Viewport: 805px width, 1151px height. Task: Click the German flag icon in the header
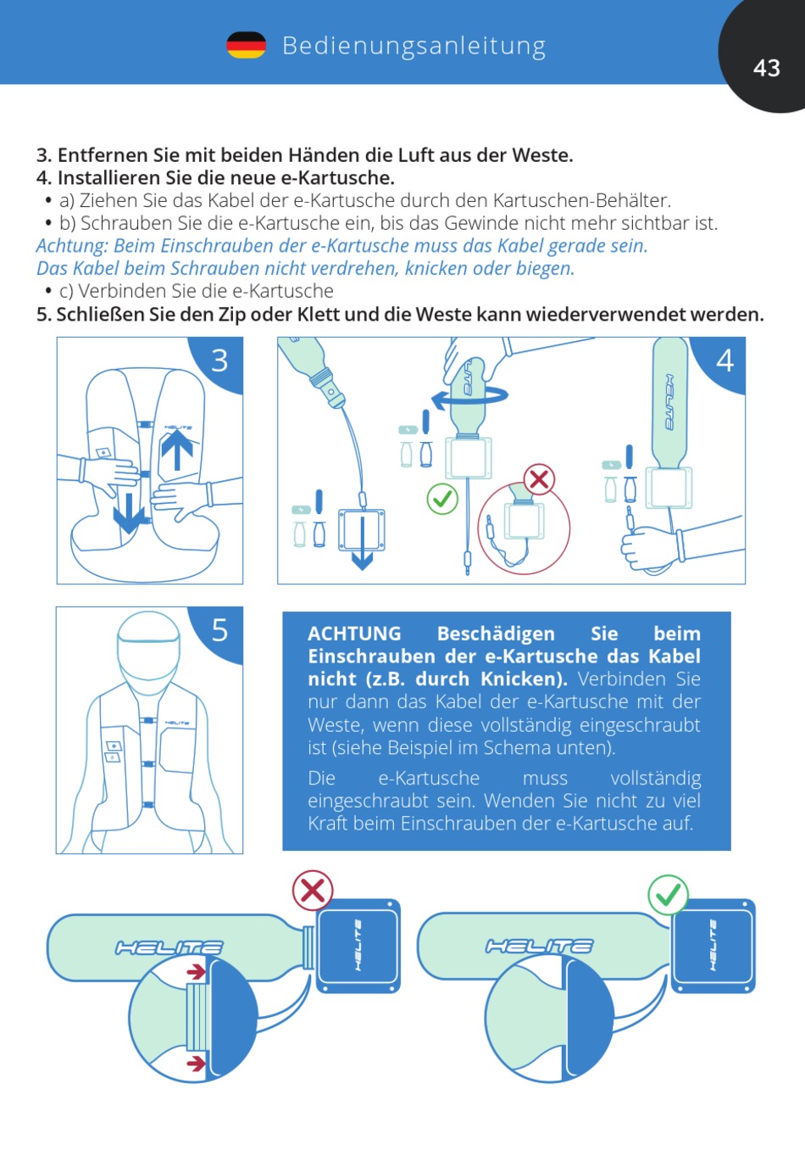(246, 45)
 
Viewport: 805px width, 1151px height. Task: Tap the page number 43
(767, 68)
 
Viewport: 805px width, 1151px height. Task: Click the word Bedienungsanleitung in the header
(414, 46)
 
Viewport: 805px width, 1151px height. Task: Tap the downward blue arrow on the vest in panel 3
(129, 513)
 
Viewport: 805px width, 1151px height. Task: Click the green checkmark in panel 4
(442, 499)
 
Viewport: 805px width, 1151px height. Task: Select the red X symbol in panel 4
(539, 480)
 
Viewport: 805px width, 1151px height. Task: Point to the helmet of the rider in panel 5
(148, 651)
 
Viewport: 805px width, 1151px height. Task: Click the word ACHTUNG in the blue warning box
(354, 634)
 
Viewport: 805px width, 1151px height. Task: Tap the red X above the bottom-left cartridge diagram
(313, 891)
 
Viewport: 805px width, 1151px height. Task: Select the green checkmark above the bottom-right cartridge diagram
(668, 895)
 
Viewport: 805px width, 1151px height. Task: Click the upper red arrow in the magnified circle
(196, 972)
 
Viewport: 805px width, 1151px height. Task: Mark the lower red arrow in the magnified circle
(196, 1063)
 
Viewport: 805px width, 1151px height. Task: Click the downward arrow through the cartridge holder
(363, 543)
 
